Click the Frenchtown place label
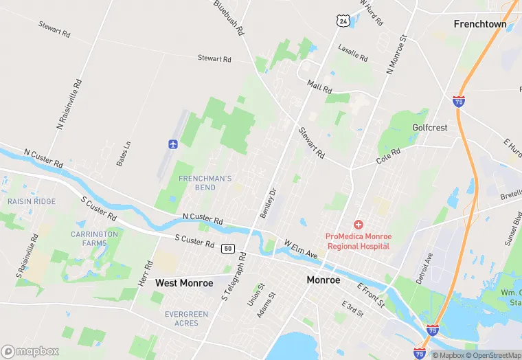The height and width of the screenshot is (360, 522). click(480, 24)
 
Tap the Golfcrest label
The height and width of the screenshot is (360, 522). click(430, 128)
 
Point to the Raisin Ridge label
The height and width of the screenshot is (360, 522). click(32, 201)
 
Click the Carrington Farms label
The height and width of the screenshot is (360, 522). click(94, 238)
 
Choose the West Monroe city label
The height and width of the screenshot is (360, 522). click(184, 283)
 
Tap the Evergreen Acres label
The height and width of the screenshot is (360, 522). click(186, 319)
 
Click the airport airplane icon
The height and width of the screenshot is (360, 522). click(172, 144)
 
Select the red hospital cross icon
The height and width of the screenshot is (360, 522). click(358, 225)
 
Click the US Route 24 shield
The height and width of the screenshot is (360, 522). click(342, 21)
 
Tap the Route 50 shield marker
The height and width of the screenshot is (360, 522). click(228, 249)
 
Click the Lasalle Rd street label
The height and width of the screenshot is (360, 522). click(353, 54)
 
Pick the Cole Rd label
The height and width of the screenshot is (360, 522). click(388, 156)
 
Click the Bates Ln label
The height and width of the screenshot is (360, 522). click(124, 154)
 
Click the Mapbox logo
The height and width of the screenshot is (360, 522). click(30, 351)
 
